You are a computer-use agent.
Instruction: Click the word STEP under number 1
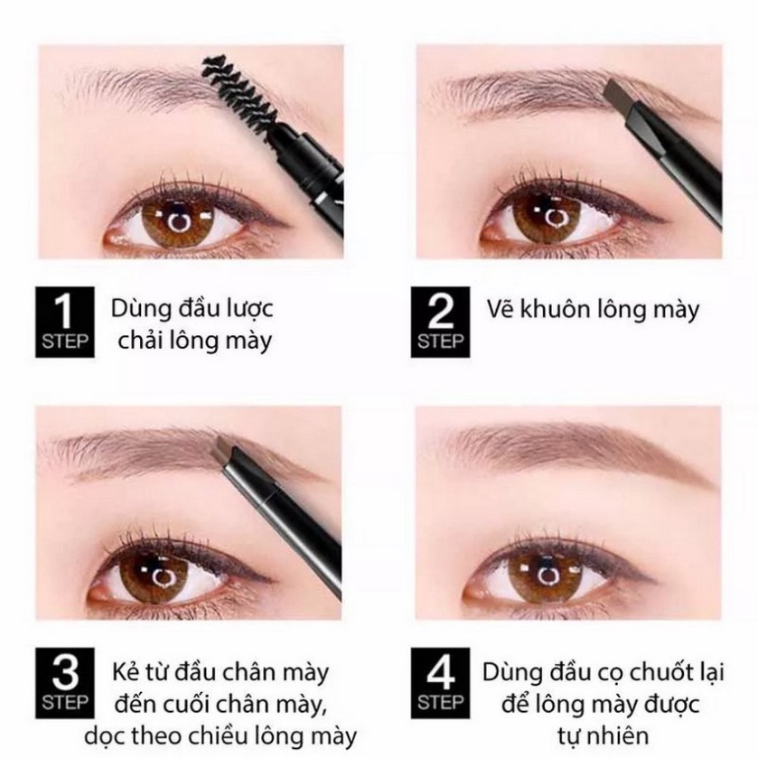click(63, 341)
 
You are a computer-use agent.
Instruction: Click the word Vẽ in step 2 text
click(501, 310)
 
